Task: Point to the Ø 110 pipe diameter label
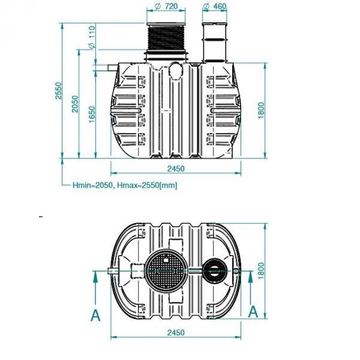tap(92, 38)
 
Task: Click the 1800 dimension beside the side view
tap(262, 109)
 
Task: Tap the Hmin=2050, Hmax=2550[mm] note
tap(124, 185)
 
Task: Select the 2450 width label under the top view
tap(176, 332)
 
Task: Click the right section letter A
tap(253, 311)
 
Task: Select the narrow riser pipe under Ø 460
tap(215, 41)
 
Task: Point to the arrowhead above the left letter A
tap(95, 277)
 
